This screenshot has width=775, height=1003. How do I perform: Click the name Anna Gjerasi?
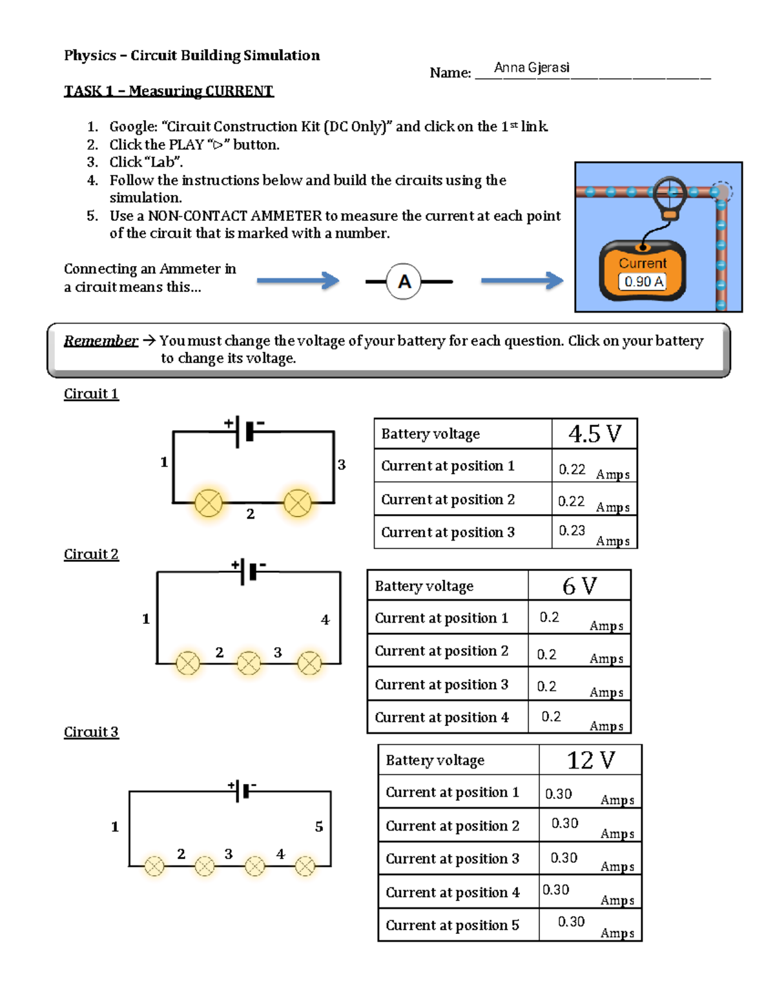[x=532, y=68]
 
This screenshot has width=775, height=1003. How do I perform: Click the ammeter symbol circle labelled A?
[x=404, y=282]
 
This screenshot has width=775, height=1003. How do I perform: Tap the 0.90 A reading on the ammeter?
[x=643, y=282]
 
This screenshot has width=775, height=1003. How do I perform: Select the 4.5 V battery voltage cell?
[x=594, y=434]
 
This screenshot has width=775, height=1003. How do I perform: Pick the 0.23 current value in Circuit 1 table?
[x=572, y=531]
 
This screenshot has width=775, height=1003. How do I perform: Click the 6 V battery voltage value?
[x=579, y=586]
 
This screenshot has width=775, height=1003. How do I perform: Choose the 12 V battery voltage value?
[x=590, y=760]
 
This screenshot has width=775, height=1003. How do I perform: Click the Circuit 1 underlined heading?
[x=91, y=394]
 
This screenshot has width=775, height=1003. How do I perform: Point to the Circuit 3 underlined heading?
[x=91, y=732]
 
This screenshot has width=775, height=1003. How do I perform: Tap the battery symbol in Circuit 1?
[x=245, y=431]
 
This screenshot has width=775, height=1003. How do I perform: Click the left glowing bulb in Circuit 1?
[x=209, y=503]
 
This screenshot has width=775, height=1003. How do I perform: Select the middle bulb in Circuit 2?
[x=249, y=663]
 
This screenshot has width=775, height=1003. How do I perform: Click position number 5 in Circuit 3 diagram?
[x=319, y=827]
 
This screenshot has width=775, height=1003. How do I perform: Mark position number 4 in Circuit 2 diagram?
[x=325, y=620]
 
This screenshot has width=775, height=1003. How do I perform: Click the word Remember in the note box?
[x=101, y=341]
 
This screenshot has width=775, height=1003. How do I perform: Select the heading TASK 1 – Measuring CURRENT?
[x=169, y=91]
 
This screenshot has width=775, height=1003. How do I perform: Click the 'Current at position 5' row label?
[x=452, y=925]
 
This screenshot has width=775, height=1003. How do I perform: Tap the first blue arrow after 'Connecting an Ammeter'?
[x=298, y=281]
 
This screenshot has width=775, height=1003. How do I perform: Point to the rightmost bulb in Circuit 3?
[x=305, y=866]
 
